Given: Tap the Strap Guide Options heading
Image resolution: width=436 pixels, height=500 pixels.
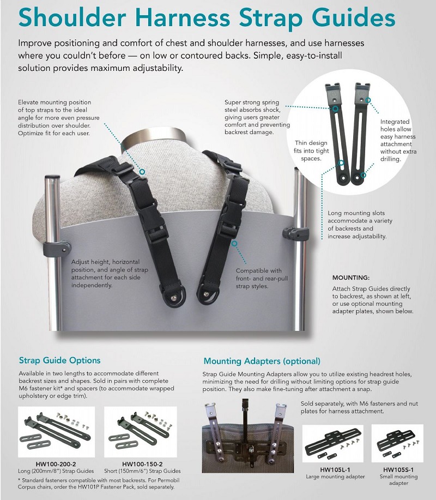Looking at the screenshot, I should pyautogui.click(x=60, y=360).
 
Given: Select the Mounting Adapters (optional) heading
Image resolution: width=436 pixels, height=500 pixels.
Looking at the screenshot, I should pyautogui.click(x=262, y=361).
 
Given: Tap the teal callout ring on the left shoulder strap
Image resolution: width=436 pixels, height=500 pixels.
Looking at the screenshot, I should pyautogui.click(x=142, y=172).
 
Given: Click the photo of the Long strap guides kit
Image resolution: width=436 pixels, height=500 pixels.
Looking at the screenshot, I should pyautogui.click(x=56, y=433).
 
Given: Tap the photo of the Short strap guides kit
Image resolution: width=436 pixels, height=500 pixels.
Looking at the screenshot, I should pyautogui.click(x=142, y=433).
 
